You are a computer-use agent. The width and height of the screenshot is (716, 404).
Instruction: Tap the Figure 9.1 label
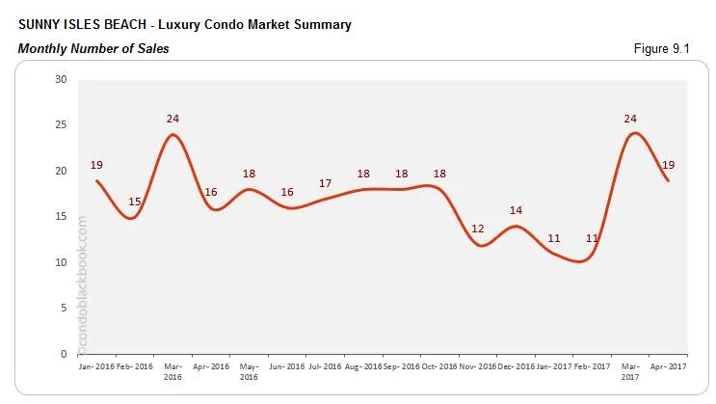(680, 48)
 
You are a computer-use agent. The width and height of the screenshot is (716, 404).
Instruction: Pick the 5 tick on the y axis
(63, 309)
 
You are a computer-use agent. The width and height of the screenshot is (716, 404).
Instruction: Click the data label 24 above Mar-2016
(172, 119)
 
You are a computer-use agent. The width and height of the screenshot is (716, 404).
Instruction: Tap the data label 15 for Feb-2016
(134, 201)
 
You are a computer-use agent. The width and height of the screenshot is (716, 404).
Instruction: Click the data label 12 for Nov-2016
(479, 229)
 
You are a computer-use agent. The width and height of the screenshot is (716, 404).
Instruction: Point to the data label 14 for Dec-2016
(517, 210)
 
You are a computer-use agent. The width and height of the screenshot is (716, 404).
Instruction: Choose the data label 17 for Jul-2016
(326, 183)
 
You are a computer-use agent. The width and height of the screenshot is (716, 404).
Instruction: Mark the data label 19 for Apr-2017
(669, 165)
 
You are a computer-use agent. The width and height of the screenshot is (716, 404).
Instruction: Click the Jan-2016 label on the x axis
(96, 367)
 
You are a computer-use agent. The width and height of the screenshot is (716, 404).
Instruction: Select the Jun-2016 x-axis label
(287, 367)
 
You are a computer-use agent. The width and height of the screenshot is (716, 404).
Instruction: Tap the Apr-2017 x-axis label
(668, 367)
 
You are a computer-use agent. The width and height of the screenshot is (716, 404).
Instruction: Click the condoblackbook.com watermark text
(83, 284)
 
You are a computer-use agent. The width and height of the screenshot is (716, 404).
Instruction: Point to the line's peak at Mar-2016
(172, 134)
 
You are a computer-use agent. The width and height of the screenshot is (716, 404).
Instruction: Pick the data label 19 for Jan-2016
(96, 165)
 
